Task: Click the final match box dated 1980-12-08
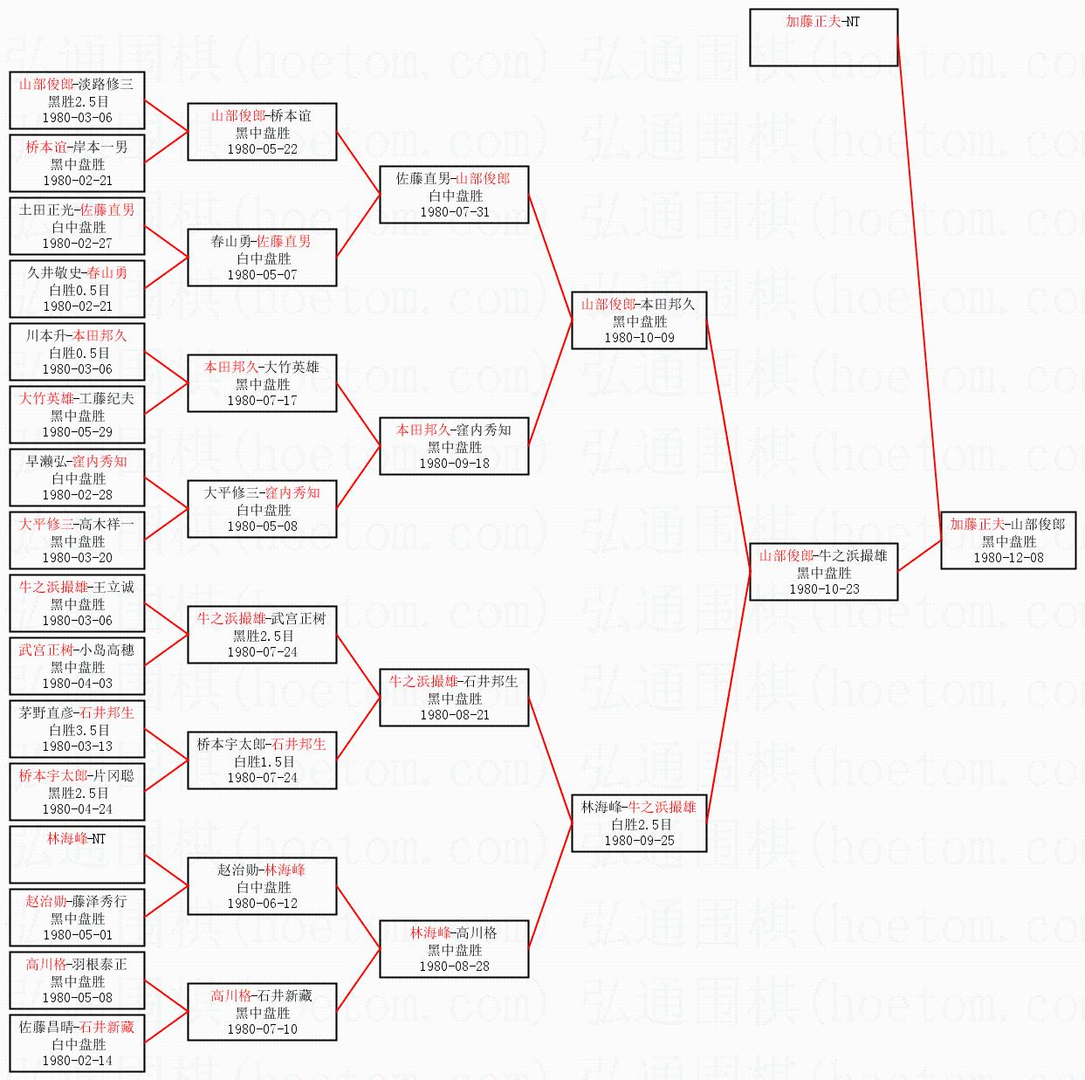pyautogui.click(x=1007, y=541)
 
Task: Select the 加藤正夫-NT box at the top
pyautogui.click(x=823, y=38)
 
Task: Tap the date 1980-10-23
pyautogui.click(x=824, y=589)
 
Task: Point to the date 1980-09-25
pyautogui.click(x=639, y=841)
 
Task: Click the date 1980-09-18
pyautogui.click(x=454, y=464)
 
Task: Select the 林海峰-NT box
pyautogui.click(x=77, y=855)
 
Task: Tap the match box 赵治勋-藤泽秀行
pyautogui.click(x=77, y=918)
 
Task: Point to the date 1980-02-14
pyautogui.click(x=77, y=1061)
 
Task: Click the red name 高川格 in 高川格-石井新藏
pyautogui.click(x=230, y=995)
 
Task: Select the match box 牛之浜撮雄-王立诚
pyautogui.click(x=77, y=603)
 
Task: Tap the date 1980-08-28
pyautogui.click(x=454, y=966)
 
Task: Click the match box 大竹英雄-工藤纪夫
pyautogui.click(x=77, y=415)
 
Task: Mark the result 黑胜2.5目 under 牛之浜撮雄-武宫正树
pyautogui.click(x=263, y=636)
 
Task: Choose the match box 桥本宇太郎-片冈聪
pyautogui.click(x=77, y=792)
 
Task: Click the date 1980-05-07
pyautogui.click(x=262, y=275)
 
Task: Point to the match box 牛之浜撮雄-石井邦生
pyautogui.click(x=454, y=698)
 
